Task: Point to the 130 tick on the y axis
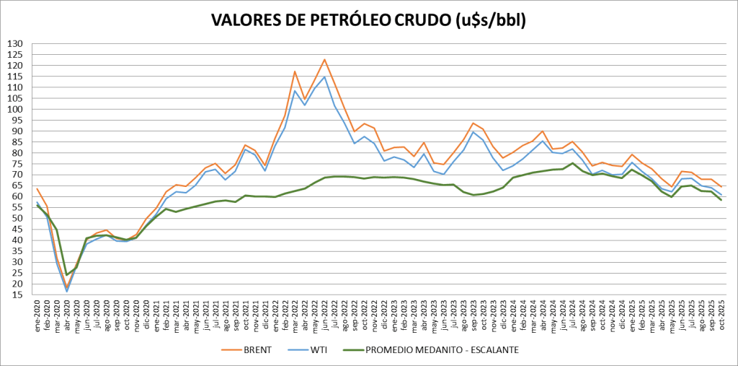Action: [x=14, y=44]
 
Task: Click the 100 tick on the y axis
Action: [x=14, y=110]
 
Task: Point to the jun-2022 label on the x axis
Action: [x=324, y=316]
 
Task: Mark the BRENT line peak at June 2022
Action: [x=324, y=59]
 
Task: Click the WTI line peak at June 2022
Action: [x=324, y=77]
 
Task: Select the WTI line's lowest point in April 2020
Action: [x=67, y=292]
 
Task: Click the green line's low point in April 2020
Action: [x=67, y=275]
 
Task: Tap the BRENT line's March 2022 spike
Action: [x=295, y=71]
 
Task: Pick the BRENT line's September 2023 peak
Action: [x=472, y=123]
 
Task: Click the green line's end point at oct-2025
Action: [x=721, y=199]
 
